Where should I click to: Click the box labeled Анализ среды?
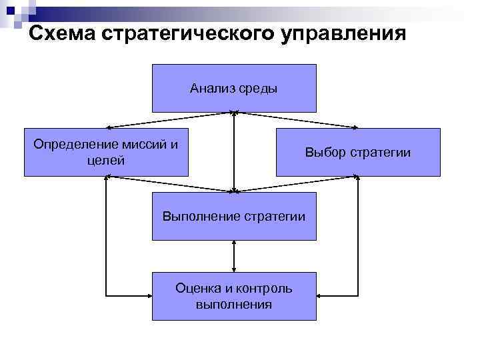click(234, 88)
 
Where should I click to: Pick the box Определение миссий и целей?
click(107, 152)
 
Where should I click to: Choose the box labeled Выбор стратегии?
click(358, 152)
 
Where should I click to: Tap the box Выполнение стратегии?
click(234, 216)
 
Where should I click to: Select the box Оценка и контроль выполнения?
click(234, 296)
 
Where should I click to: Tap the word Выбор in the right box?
click(323, 153)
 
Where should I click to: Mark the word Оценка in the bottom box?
click(193, 288)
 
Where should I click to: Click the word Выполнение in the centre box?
click(198, 216)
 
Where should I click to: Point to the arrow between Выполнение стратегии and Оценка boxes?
click(234, 256)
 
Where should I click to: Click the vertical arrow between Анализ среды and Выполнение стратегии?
click(234, 152)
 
